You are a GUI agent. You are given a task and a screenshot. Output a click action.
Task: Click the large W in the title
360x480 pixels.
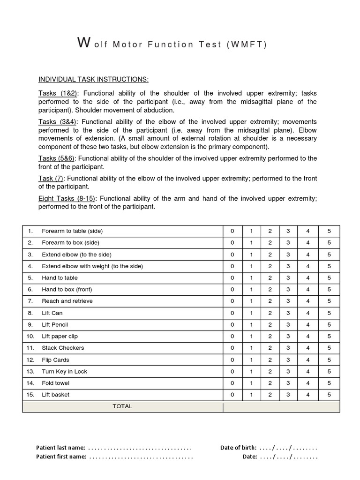tap(83, 43)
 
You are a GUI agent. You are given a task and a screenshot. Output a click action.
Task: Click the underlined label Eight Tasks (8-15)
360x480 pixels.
tap(67, 198)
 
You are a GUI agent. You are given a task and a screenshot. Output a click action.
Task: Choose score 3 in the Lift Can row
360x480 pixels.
tap(288, 313)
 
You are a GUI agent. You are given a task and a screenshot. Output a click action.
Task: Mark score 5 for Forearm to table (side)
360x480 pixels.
tap(329, 231)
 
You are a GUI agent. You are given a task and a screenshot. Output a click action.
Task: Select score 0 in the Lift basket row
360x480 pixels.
tap(232, 395)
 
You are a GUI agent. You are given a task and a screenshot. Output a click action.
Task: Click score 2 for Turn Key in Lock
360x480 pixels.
tap(270, 371)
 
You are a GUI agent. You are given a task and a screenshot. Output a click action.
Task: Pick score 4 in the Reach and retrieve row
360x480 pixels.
tap(308, 301)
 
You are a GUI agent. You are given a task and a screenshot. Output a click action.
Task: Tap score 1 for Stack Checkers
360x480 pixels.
tap(251, 348)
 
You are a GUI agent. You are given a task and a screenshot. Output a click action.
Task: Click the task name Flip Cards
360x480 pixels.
tap(55, 360)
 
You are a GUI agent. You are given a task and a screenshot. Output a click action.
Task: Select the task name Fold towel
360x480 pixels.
tap(55, 383)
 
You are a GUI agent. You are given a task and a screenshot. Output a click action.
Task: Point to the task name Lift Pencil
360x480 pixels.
tap(55, 324)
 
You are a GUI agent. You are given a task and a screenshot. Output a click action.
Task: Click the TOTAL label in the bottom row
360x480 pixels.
tap(122, 406)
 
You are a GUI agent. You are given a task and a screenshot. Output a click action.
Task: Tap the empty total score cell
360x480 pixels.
tap(281, 407)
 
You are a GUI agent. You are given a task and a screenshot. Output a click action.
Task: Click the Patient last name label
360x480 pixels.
tap(60, 448)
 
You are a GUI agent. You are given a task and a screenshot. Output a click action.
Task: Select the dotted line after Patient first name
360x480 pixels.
tap(141, 457)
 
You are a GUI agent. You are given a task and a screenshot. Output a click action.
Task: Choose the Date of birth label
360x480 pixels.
tap(238, 448)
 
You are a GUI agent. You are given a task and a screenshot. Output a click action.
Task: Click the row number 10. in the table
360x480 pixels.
tap(30, 336)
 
